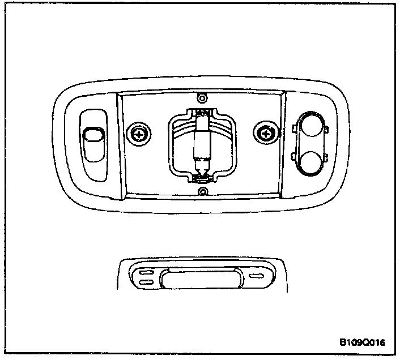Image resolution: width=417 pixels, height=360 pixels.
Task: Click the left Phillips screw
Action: [138, 134]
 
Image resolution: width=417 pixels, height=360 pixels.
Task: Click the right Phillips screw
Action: [265, 133]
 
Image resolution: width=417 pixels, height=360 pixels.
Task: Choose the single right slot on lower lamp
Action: [257, 276]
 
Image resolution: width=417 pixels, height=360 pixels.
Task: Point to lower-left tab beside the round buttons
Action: [293, 155]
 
